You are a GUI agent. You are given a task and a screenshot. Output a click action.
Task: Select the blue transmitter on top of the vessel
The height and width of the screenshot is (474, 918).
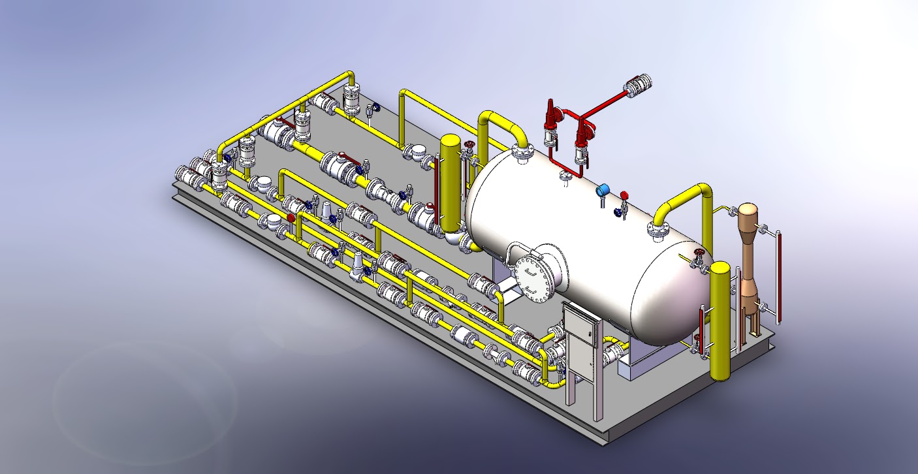tap(602, 190)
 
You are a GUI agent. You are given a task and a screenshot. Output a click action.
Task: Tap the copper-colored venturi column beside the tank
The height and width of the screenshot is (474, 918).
tap(748, 261)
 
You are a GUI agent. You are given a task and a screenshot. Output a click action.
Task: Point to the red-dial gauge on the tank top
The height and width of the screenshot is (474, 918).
tap(624, 195)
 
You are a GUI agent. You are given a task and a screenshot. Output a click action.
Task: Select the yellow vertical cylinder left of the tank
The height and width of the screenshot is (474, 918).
tap(450, 183)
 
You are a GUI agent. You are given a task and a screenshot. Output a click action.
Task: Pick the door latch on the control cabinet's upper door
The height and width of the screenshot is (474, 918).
tap(594, 333)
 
